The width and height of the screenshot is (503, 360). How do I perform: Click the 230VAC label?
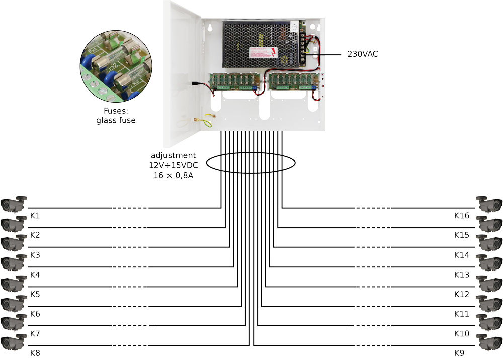coord(362,54)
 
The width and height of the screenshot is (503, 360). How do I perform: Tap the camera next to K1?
coord(13,204)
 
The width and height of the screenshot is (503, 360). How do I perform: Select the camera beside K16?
coord(490,204)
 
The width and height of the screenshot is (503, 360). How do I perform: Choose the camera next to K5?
coord(13,283)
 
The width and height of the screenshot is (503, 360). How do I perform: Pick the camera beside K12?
coord(490,283)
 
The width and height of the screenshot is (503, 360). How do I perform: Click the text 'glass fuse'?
coord(116,120)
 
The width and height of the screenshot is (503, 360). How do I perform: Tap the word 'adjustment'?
coord(174,156)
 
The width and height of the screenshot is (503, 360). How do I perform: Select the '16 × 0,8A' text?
coord(174,175)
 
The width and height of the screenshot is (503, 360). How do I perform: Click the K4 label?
coord(35,275)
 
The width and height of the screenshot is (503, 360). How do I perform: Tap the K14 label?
coord(461,255)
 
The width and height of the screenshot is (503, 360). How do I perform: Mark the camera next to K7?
coord(13,322)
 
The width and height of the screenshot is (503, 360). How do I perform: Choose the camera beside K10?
coord(490,322)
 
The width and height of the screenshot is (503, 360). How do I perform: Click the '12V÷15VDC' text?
coord(174,165)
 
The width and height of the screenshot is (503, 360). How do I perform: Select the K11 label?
coord(461,314)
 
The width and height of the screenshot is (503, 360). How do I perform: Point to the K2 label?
coord(35,235)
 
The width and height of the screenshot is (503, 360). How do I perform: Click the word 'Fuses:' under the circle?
coord(116,111)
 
